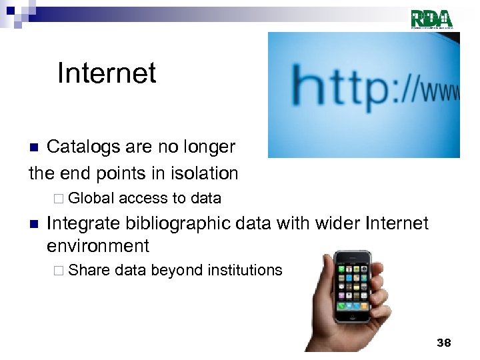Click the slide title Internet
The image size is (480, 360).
click(x=107, y=73)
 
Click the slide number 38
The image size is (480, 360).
click(x=443, y=343)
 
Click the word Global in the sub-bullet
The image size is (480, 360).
click(x=91, y=198)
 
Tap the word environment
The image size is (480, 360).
click(x=98, y=246)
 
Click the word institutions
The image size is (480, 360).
click(x=245, y=270)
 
